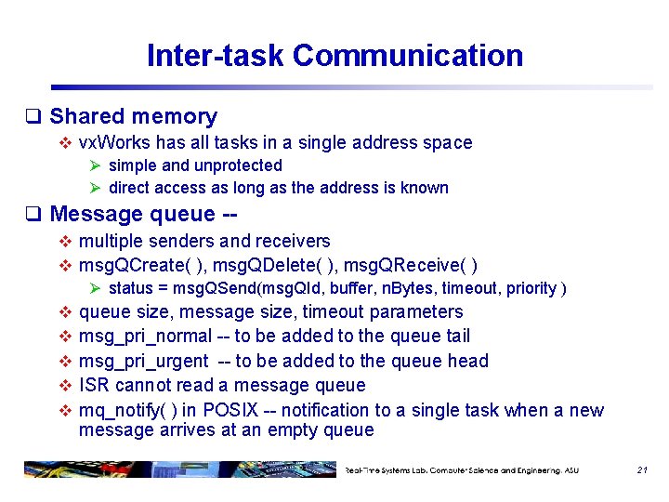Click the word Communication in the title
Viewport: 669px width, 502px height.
coord(408,56)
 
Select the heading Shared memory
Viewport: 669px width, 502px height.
coord(133,116)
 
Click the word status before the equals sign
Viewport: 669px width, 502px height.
coord(131,288)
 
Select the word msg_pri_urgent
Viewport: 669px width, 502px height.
coord(143,361)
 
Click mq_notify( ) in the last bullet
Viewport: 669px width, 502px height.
coord(127,410)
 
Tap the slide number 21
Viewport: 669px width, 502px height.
coord(641,470)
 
